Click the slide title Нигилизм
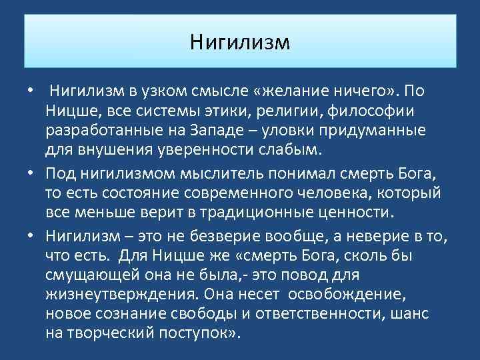[x=240, y=42]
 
